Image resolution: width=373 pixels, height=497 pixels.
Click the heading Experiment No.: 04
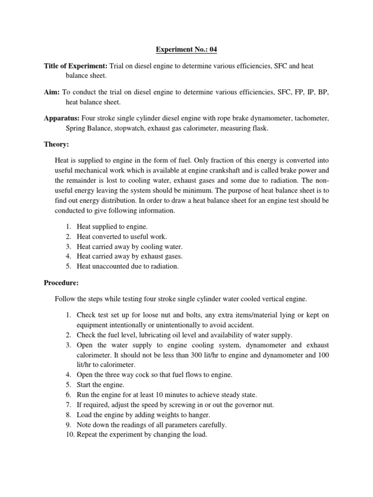point(186,49)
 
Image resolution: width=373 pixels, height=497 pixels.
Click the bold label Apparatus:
point(62,118)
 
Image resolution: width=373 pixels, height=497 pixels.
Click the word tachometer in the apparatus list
point(310,118)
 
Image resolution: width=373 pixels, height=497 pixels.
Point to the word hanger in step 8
point(200,414)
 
